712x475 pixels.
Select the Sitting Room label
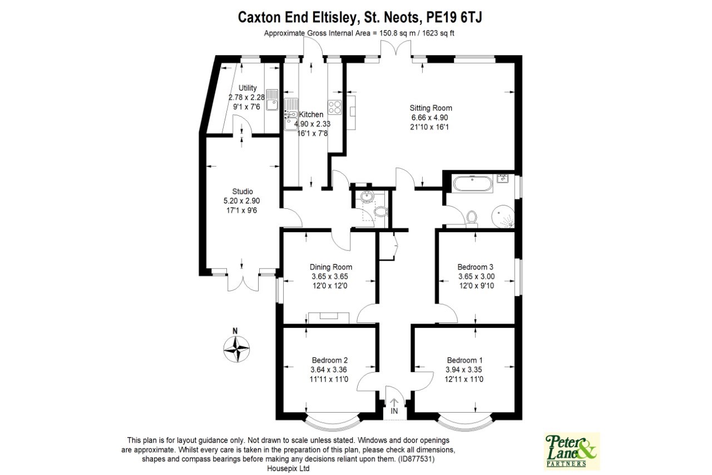[x=431, y=108]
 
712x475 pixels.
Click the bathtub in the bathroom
[x=473, y=184]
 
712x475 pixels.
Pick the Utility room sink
[x=272, y=99]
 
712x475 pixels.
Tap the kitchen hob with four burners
[x=336, y=106]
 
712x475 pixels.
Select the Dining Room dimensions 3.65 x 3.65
[x=331, y=276]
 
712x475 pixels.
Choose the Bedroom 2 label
[x=330, y=360]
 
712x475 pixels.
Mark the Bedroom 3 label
[x=476, y=267]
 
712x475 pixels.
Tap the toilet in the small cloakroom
[x=380, y=212]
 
